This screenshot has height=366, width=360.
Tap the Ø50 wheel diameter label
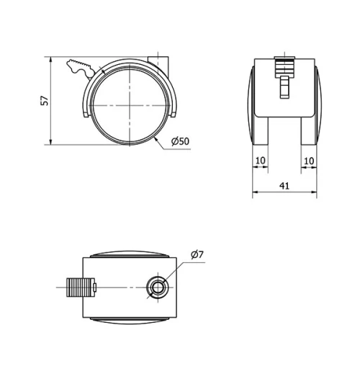tap(180, 142)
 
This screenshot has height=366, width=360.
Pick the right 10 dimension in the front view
tap(309, 159)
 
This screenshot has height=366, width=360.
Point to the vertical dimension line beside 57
tap(52, 101)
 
